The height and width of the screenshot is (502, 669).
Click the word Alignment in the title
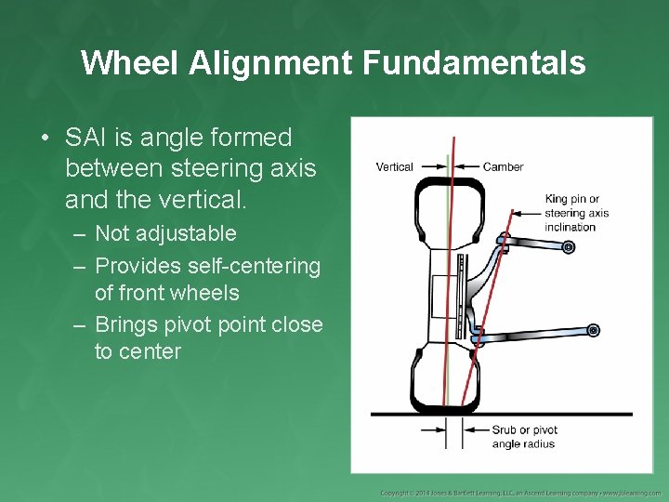270,62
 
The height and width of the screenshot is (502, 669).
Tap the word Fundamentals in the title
475,62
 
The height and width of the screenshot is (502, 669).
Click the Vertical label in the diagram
394,167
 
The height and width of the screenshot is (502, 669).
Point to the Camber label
503,167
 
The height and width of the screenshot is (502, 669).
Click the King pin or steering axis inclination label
576,213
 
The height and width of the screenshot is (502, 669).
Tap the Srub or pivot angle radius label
523,437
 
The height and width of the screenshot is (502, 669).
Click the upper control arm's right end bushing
569,246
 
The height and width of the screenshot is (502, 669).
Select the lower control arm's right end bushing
593,330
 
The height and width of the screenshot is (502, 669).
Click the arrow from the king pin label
526,214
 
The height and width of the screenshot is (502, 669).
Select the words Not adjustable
165,233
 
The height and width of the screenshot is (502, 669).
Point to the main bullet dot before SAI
45,139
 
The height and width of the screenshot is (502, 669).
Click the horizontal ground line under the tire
557,414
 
